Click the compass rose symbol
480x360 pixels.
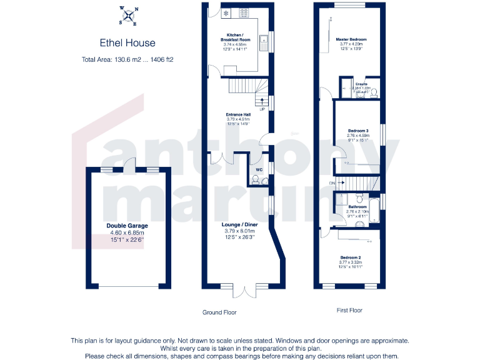127,17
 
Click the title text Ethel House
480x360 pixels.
127,43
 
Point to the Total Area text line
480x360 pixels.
127,60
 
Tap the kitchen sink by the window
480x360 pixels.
264,44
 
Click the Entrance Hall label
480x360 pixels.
238,115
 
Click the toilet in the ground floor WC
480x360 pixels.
255,180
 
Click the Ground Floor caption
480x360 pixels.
219,312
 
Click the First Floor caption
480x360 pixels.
348,310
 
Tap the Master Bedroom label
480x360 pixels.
351,39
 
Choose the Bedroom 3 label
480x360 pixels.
358,131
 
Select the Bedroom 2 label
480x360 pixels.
351,257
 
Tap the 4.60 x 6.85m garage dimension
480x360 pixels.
127,233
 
